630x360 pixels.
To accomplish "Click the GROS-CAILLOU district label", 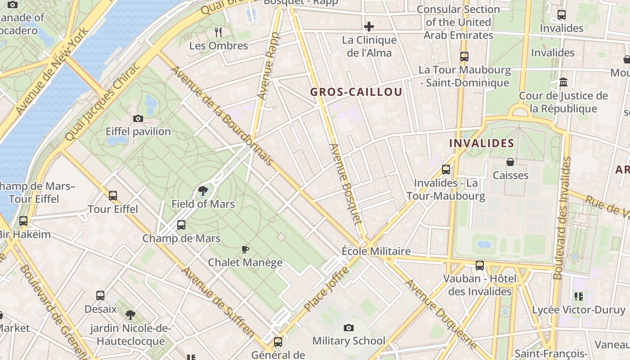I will point(356,92).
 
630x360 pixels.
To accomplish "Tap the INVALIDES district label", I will point(481,144).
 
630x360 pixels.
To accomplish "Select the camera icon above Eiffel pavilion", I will point(138,119).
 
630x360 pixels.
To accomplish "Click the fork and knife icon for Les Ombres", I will point(218,32).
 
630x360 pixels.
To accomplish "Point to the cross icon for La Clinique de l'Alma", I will point(369,27).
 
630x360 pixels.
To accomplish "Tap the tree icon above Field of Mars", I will point(203,191).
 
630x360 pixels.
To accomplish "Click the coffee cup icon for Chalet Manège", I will point(245,249).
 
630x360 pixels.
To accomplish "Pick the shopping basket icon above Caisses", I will point(510,162).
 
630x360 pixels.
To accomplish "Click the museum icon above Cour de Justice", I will point(563,82).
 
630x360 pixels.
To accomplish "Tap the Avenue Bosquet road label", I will point(346,184).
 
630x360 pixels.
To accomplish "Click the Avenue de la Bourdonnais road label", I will point(221,116).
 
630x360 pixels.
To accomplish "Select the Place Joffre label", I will point(326,289).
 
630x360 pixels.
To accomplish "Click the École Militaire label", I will point(376,251).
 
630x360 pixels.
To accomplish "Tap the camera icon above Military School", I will point(348,328).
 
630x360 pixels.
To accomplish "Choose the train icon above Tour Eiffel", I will point(113,196).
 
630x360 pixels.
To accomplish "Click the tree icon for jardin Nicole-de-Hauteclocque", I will point(130,315).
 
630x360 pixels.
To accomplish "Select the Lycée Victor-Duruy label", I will point(578,310).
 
